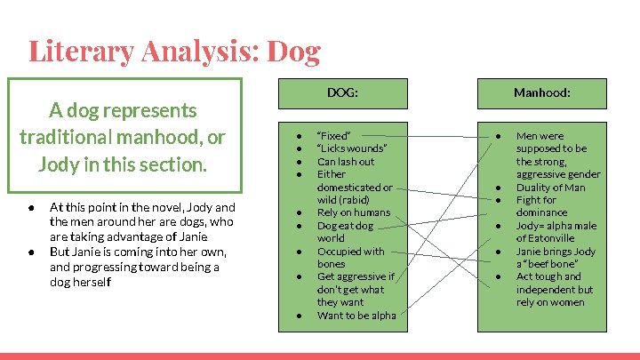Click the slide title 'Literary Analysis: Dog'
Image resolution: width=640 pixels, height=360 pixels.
[174, 51]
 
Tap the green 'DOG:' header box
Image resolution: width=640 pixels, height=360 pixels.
[342, 92]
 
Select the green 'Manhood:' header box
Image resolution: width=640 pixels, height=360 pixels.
[542, 92]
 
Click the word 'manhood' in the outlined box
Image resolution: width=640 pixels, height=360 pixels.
[158, 138]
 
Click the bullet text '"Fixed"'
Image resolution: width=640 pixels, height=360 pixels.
[334, 136]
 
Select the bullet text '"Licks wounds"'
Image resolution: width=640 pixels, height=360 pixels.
[352, 148]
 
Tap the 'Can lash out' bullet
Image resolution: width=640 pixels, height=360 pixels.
[346, 162]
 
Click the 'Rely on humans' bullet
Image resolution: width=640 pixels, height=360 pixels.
[353, 212]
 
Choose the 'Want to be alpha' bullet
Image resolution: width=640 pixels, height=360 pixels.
[356, 315]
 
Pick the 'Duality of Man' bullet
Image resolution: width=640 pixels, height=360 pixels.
[550, 188]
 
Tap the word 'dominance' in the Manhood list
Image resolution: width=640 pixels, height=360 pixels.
[541, 212]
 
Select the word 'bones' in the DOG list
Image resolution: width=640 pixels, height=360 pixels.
[332, 264]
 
